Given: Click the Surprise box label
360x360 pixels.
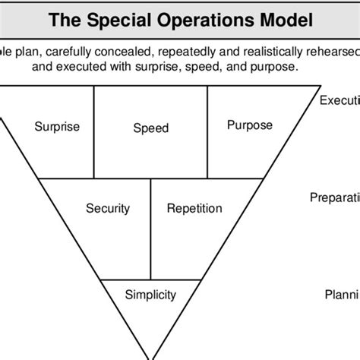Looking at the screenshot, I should point(57,127).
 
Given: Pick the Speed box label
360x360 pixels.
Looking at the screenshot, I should point(150,128).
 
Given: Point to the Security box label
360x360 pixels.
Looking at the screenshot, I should point(107,208).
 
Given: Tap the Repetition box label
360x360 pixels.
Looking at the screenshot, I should point(194,208).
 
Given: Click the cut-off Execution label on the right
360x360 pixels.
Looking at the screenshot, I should point(339,101).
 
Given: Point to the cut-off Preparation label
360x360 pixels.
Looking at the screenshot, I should point(334,197).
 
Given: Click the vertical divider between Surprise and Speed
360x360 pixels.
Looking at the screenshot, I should point(94,131).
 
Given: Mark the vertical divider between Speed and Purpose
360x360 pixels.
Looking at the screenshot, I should point(207,131).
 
